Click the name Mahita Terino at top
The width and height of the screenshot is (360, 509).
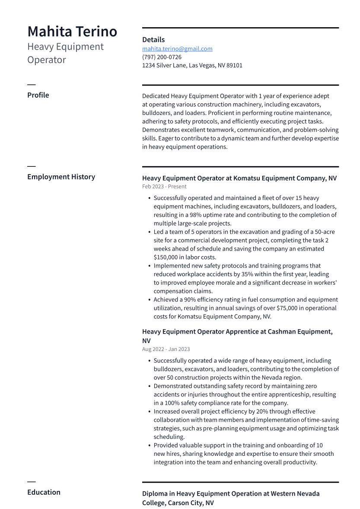[72, 32]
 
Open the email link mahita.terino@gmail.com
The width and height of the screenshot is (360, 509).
[177, 49]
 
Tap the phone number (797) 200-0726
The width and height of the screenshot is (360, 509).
[162, 57]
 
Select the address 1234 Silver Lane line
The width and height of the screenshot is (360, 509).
[192, 66]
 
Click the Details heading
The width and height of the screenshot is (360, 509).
[153, 40]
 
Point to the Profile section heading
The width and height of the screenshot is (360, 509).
[38, 95]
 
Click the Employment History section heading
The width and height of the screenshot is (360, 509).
[61, 177]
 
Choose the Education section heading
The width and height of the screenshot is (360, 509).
[44, 492]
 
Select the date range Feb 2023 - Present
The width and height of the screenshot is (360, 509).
[164, 187]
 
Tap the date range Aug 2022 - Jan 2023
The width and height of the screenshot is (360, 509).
[166, 349]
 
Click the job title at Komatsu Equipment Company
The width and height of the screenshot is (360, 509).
[239, 178]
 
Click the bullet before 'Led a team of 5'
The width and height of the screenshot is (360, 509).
[149, 232]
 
